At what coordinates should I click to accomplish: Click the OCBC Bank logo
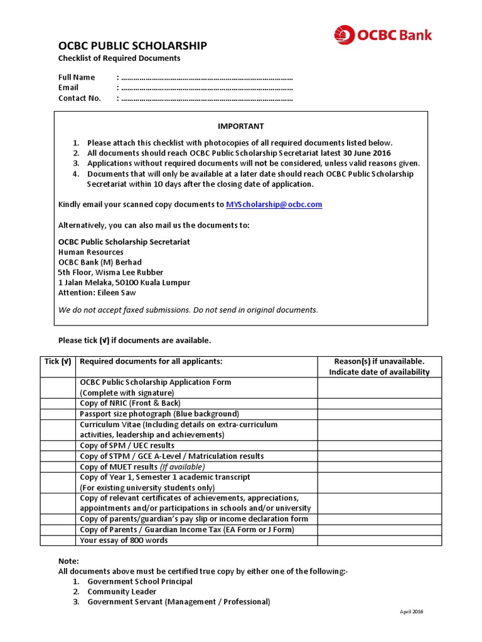click(382, 34)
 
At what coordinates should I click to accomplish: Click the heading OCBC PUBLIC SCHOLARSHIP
click(132, 46)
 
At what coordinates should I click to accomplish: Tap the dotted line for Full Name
click(206, 78)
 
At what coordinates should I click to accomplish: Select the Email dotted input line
click(206, 88)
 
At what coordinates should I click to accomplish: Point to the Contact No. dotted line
click(206, 98)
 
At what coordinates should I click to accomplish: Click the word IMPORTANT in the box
click(240, 126)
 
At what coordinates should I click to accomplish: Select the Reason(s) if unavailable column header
click(379, 366)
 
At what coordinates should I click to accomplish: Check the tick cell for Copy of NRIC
click(58, 403)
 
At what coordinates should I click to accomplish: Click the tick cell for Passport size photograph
click(58, 414)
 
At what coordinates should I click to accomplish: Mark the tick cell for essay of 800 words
click(58, 540)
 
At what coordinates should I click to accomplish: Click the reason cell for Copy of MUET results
click(379, 466)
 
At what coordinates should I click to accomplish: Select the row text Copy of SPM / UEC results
click(127, 446)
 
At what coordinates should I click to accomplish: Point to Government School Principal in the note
click(139, 581)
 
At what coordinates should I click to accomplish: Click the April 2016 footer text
click(412, 612)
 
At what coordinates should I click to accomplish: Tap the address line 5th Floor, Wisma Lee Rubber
click(110, 272)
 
